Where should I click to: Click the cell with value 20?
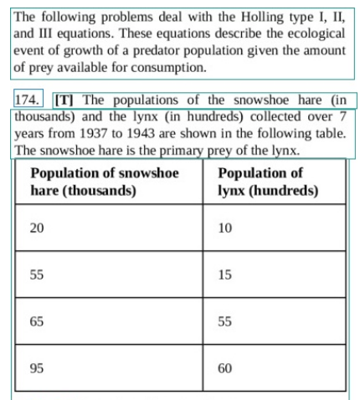[x=38, y=228]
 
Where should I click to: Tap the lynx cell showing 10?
[x=224, y=228]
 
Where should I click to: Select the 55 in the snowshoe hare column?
[x=38, y=274]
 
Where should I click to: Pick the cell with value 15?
[x=224, y=274]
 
